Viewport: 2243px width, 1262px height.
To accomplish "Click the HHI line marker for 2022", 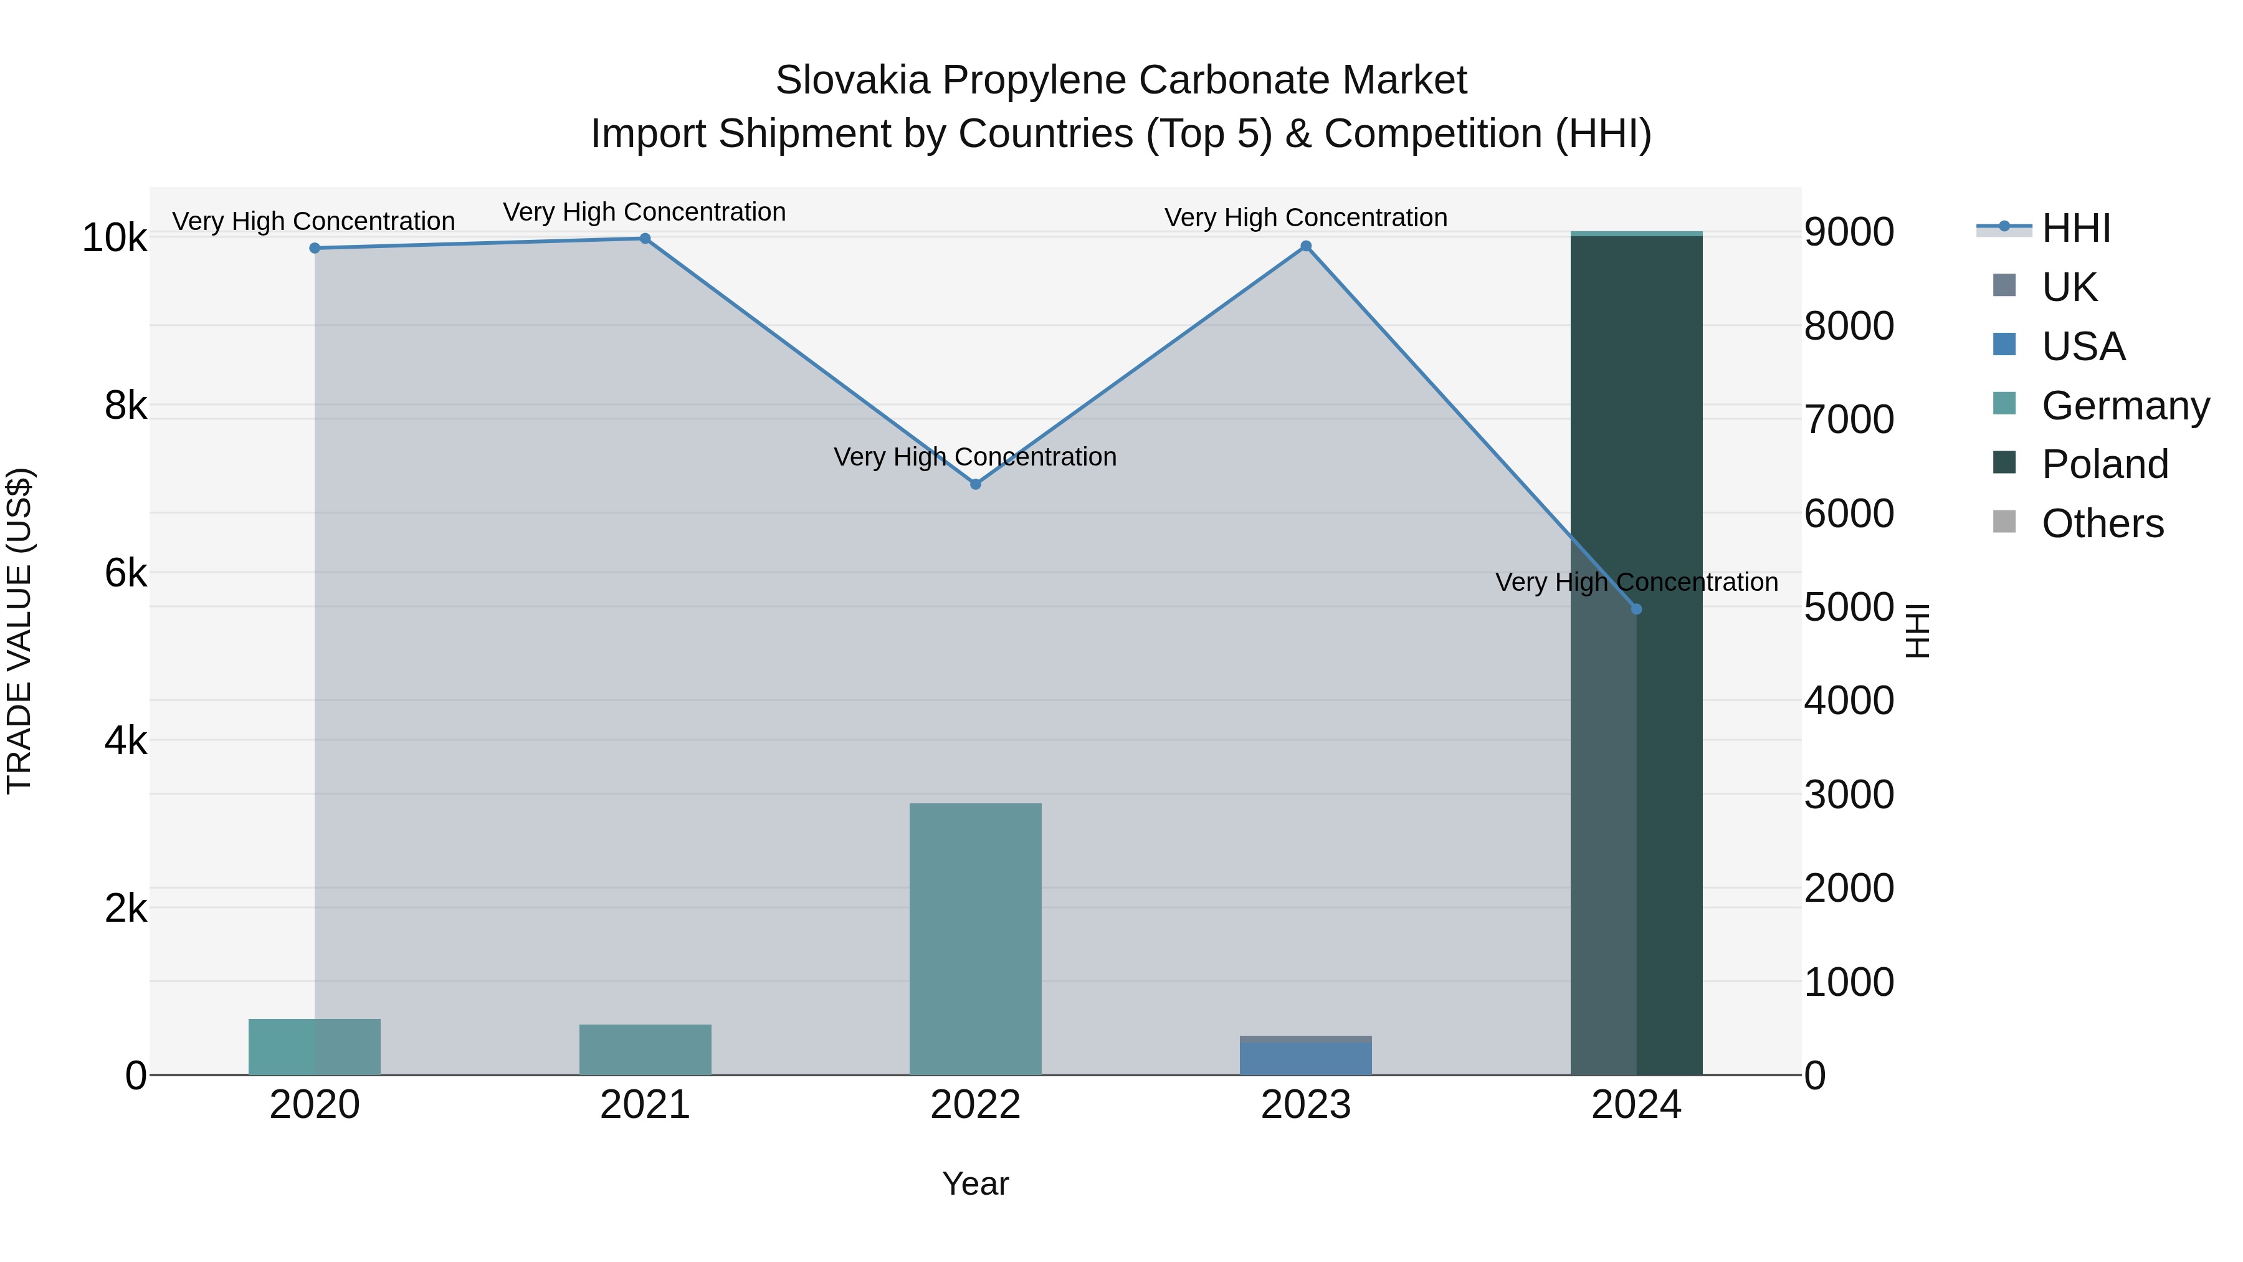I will (975, 484).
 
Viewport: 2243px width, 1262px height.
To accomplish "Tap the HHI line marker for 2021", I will (645, 239).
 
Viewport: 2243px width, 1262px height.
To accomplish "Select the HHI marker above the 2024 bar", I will (1636, 609).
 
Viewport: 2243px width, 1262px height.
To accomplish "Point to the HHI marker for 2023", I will (1306, 246).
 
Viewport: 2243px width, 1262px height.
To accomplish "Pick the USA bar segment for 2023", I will (1306, 1058).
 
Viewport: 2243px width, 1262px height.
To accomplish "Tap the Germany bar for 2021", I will (645, 1049).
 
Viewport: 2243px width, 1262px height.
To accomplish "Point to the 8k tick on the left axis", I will (125, 406).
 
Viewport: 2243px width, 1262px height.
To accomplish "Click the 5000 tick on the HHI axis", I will (1849, 607).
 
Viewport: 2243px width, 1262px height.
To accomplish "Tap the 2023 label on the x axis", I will (1306, 1105).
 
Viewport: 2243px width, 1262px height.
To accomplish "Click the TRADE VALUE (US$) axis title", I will (19, 631).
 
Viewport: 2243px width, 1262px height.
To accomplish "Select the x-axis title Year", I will (975, 1183).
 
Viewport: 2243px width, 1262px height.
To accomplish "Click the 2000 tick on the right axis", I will (1849, 888).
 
